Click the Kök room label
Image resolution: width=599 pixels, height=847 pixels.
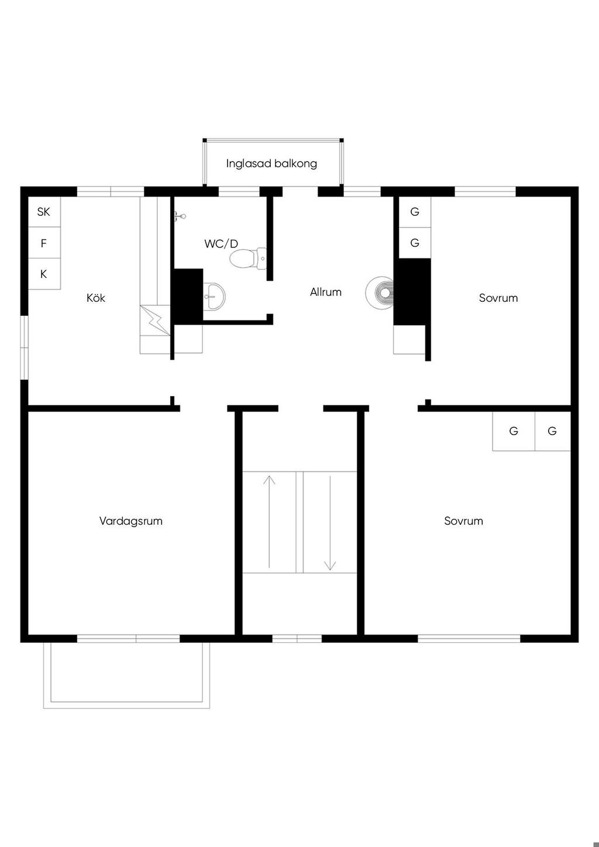pos(96,298)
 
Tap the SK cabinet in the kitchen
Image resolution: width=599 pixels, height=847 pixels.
pos(44,212)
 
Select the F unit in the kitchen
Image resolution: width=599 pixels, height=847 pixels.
pos(44,243)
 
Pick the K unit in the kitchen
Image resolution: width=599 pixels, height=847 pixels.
pos(44,274)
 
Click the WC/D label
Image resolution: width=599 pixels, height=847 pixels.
pos(221,244)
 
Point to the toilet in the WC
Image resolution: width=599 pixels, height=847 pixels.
pos(248,259)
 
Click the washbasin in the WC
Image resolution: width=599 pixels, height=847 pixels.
pos(214,297)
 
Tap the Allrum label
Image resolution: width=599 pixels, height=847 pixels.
pos(326,292)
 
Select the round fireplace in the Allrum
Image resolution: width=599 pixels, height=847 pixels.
pos(380,292)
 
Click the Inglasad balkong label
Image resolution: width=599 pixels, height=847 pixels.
pos(271,164)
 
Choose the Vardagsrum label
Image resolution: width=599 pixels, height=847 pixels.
pos(131,521)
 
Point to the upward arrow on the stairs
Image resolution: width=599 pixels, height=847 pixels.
pos(269,522)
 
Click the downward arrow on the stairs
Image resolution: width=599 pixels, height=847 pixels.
pos(330,523)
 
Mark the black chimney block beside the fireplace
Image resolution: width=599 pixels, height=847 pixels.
pos(412,291)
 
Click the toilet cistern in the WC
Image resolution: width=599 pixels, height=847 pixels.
pos(261,259)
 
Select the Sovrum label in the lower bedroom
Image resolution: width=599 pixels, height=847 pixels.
pos(464,521)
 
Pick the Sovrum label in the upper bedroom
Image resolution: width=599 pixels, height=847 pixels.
pos(498,298)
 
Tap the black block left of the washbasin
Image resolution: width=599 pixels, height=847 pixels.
pos(188,297)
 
